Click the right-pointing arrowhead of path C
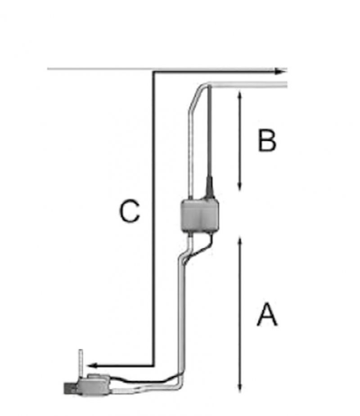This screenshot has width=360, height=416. pos(281,71)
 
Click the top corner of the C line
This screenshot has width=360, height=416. pos(153,72)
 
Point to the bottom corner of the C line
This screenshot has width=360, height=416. pos(153,365)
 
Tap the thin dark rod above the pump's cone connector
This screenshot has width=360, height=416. pos(209,135)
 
